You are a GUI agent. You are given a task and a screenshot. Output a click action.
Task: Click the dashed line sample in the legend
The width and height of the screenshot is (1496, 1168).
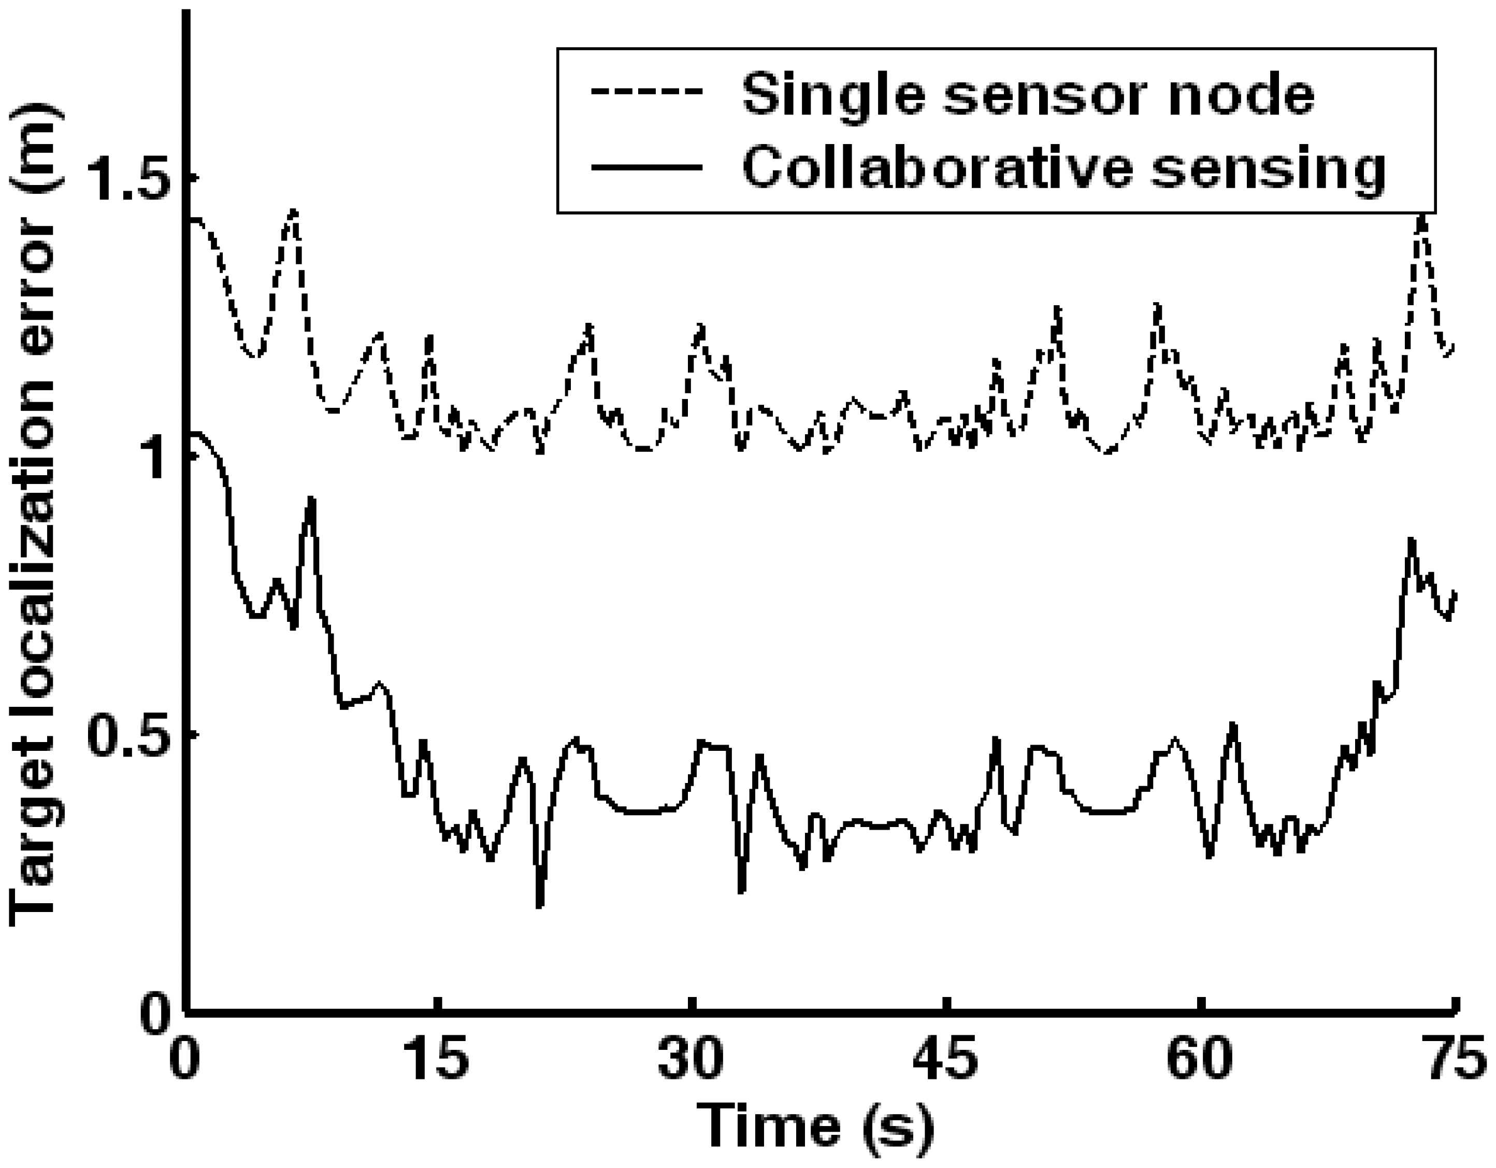pos(648,92)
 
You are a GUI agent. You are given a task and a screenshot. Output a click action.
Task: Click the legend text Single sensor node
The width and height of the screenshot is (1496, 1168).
pos(1028,94)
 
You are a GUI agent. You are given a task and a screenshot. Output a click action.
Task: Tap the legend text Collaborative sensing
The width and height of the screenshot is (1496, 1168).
pos(1064,168)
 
